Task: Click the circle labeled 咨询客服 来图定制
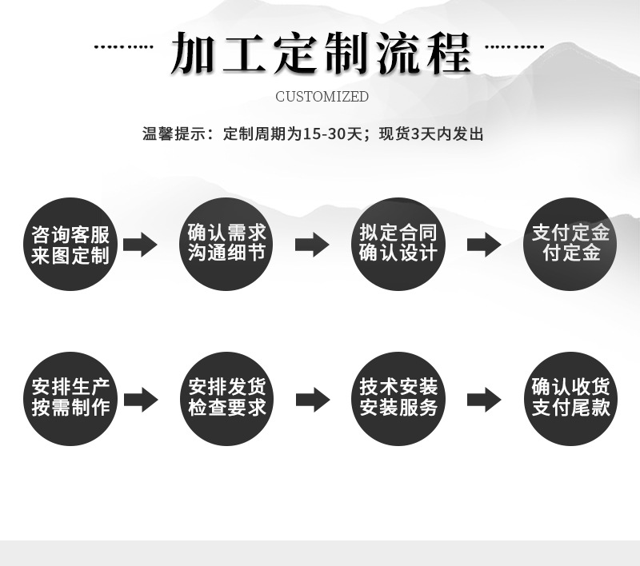coord(70,245)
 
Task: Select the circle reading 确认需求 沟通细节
coord(227,243)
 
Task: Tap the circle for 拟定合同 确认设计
coord(398,243)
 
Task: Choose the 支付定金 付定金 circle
coord(570,243)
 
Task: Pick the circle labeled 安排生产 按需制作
coord(70,397)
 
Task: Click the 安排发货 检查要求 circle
coord(227,397)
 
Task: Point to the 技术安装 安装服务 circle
coord(398,397)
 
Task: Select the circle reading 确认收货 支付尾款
coord(570,397)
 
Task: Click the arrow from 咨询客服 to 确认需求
coord(140,245)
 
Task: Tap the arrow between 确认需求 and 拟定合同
coord(312,245)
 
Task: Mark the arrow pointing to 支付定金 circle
coord(484,245)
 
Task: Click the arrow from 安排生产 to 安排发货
coord(140,398)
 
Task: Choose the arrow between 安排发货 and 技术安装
coord(312,398)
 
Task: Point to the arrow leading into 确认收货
coord(484,398)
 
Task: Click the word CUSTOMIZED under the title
coord(322,97)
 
